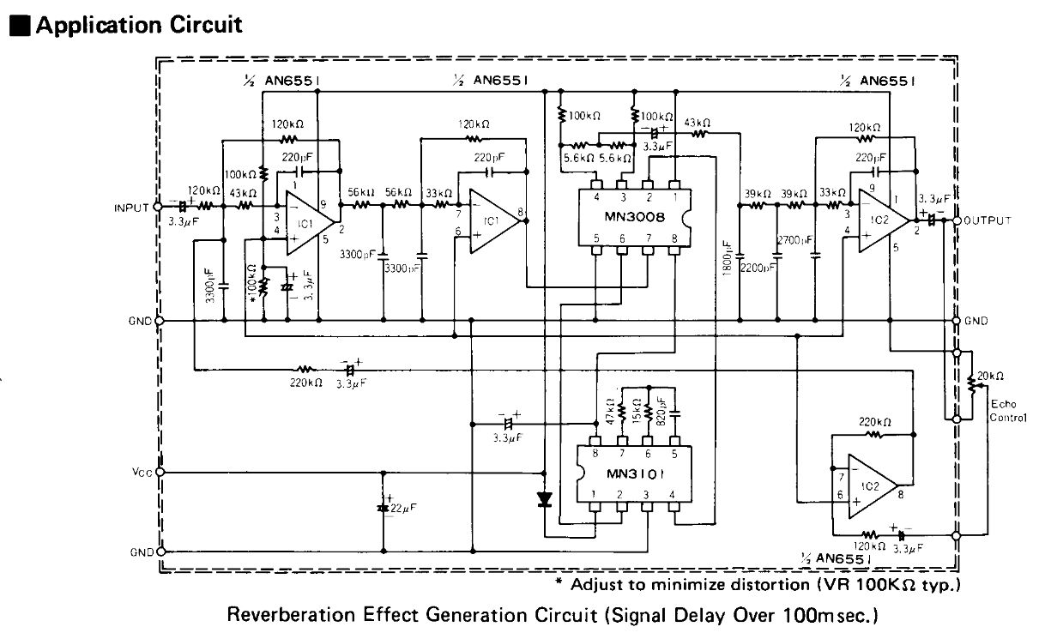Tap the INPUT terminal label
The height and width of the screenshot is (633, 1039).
[131, 208]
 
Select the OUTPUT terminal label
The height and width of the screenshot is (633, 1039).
[988, 220]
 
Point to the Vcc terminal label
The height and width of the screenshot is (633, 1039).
[142, 472]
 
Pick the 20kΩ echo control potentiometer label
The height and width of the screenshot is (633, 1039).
[989, 376]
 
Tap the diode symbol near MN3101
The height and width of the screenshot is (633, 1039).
[544, 499]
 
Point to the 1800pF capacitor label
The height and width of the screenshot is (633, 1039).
[728, 256]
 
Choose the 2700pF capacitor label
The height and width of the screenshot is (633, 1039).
[794, 241]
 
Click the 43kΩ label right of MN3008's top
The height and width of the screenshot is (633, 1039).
[696, 122]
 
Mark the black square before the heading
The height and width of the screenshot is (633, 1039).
[19, 26]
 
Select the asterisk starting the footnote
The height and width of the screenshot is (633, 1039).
[559, 585]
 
